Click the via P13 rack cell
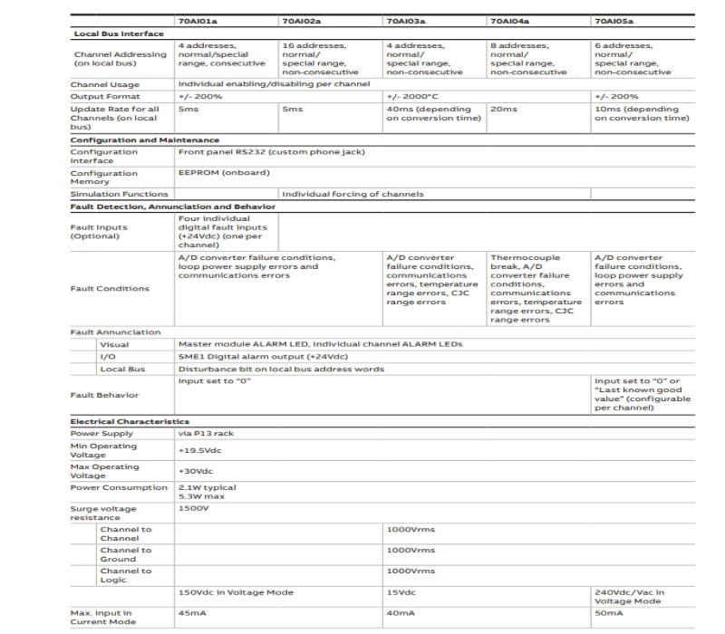pos(202,433)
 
